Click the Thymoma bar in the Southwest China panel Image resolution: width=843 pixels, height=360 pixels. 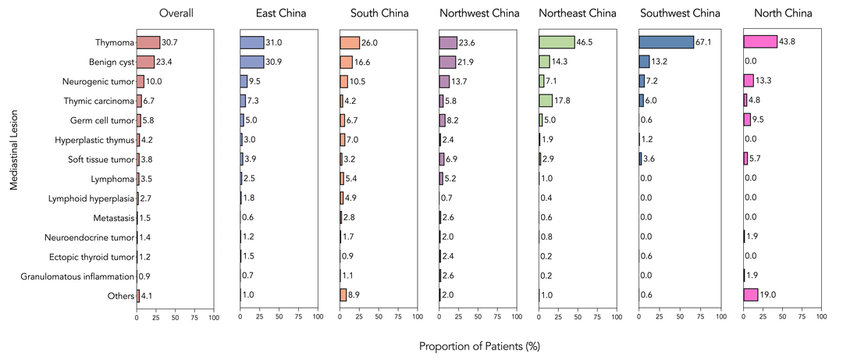[664, 42]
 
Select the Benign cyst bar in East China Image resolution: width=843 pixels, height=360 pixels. [252, 62]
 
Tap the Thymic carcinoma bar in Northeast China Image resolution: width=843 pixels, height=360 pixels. [546, 100]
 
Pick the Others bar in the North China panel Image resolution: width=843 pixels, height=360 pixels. [751, 294]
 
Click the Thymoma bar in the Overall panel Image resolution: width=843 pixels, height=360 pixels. [148, 42]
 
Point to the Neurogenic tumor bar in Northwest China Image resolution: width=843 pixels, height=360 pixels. [444, 81]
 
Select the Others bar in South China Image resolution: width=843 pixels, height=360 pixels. [343, 294]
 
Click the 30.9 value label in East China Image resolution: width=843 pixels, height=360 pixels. [274, 62]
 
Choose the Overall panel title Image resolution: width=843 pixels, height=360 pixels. [176, 13]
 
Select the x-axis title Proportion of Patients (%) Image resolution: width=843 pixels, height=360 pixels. [479, 345]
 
